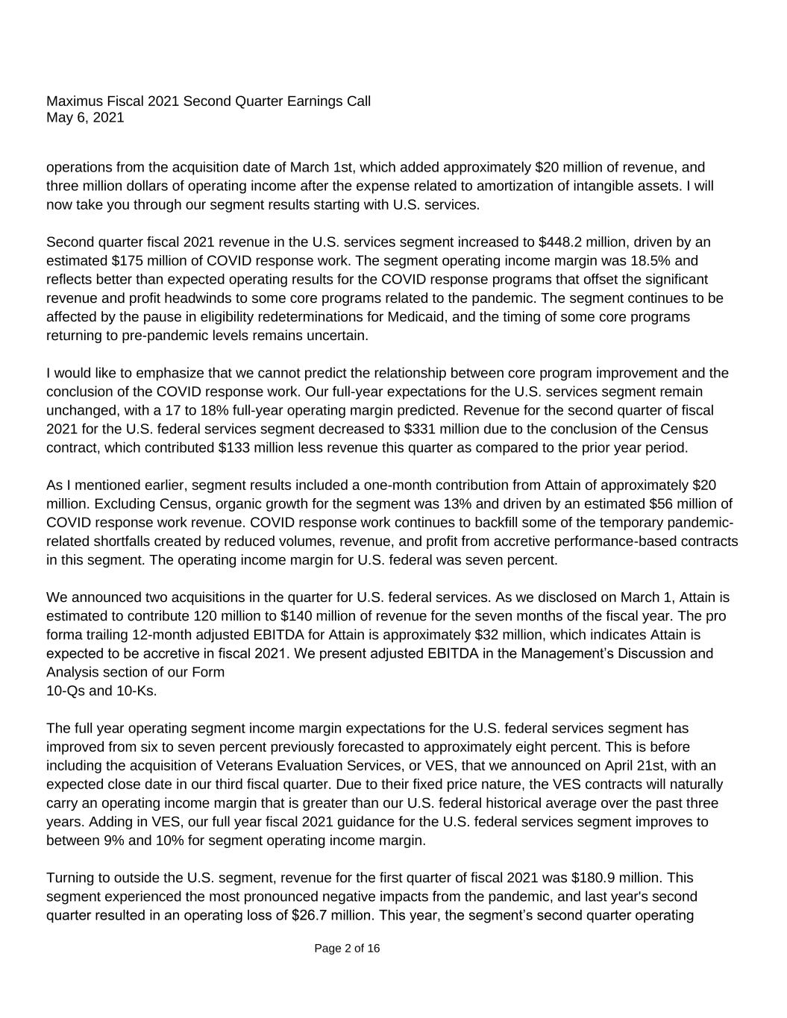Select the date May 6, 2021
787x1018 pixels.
85,118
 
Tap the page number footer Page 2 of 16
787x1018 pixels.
347,949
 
